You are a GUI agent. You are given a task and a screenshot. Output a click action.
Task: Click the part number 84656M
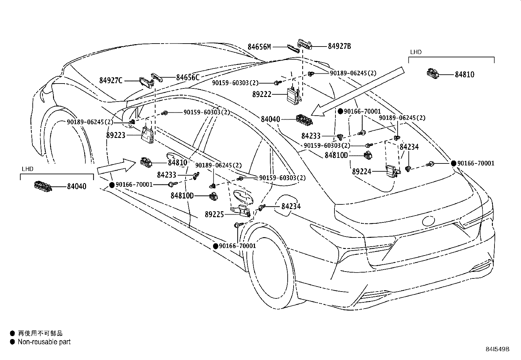[259, 47]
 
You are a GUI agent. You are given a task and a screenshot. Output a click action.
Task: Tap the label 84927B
[339, 46]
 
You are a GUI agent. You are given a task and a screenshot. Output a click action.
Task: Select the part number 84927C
[111, 81]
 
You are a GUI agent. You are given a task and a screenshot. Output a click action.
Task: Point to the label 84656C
[188, 78]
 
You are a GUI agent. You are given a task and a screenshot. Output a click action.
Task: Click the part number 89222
[262, 94]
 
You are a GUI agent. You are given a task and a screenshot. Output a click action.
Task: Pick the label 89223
[116, 135]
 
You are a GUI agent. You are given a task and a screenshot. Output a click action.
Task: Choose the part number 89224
[362, 172]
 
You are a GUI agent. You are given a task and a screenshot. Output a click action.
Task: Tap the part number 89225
[214, 215]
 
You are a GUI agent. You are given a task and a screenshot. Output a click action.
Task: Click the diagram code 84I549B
[497, 349]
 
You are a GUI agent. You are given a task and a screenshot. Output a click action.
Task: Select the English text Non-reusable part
[44, 342]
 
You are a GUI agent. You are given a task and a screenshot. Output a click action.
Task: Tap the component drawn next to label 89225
[241, 211]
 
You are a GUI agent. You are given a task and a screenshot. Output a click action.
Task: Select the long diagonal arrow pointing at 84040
[357, 91]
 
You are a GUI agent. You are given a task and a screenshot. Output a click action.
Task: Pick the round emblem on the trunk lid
[428, 221]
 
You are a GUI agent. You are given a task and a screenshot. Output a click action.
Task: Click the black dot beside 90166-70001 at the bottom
[216, 246]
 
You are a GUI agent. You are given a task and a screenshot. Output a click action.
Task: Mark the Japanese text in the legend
[40, 333]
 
